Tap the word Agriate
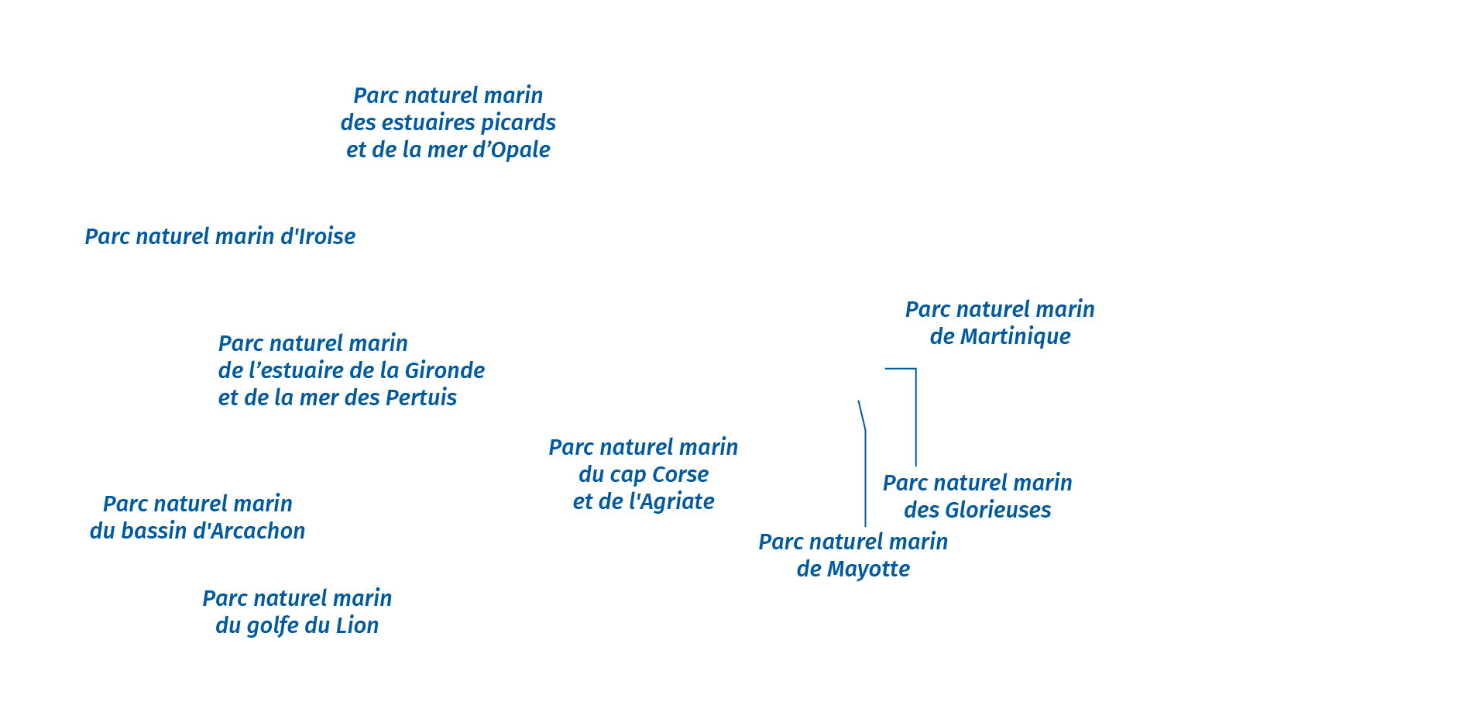pos(671,501)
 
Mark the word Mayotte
pos(868,569)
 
